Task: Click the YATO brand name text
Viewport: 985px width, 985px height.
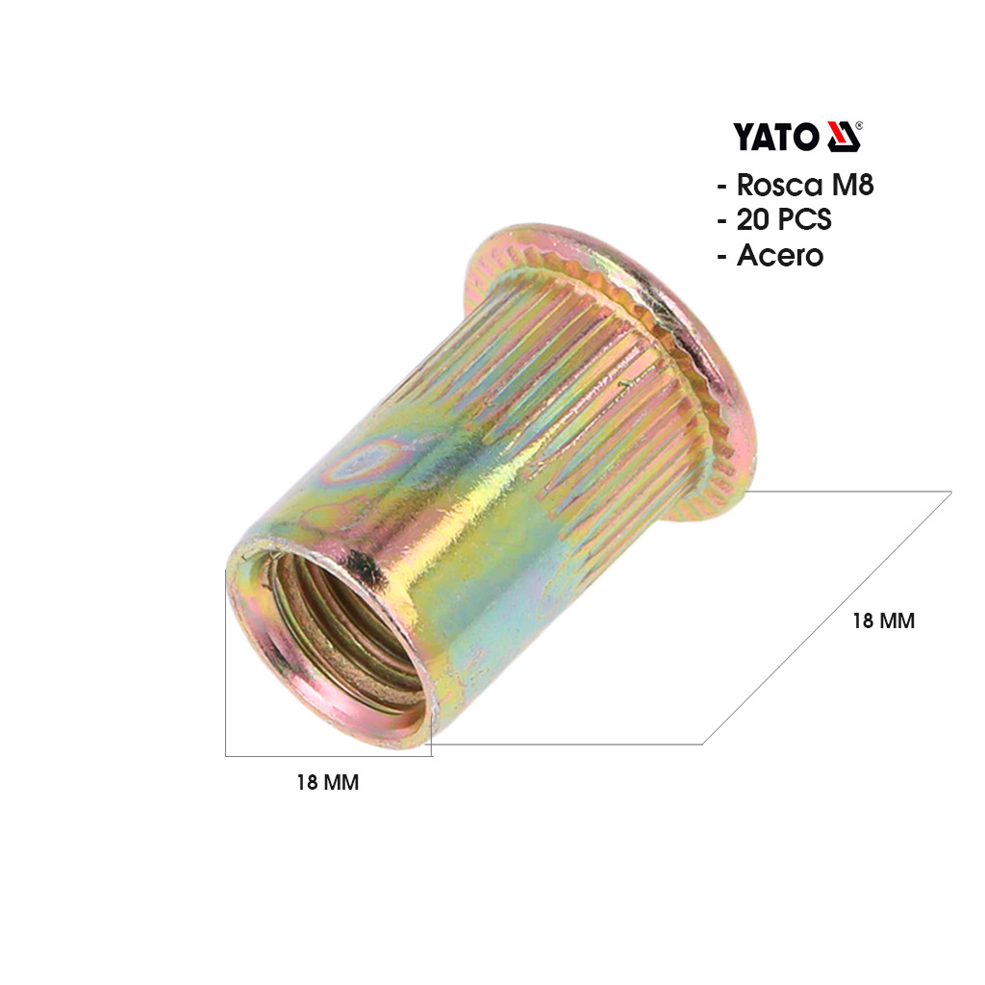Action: coord(776,137)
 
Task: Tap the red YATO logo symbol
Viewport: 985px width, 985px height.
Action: coord(843,137)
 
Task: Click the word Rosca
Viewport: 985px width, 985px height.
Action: coord(779,185)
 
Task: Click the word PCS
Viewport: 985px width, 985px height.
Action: coord(805,220)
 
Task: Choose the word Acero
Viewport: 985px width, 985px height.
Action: coord(779,256)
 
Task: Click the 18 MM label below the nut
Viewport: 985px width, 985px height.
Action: coord(328,782)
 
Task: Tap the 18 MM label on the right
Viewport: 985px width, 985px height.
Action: coord(883,620)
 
